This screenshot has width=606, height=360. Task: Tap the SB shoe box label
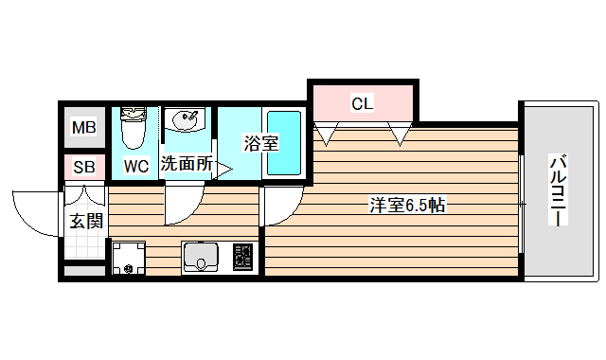(84, 168)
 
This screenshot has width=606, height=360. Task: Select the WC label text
(136, 166)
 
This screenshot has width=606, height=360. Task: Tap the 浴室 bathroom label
(260, 144)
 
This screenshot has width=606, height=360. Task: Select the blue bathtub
(283, 142)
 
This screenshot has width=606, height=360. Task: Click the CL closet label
(362, 103)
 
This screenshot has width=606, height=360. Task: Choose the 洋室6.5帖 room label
(407, 205)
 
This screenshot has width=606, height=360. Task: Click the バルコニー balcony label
(558, 189)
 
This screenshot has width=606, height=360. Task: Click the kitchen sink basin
(201, 257)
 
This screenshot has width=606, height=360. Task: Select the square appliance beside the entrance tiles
(129, 257)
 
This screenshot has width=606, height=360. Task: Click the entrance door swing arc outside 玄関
(36, 216)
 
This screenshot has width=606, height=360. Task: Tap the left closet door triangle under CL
(328, 136)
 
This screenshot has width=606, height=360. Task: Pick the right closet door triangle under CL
(400, 136)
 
